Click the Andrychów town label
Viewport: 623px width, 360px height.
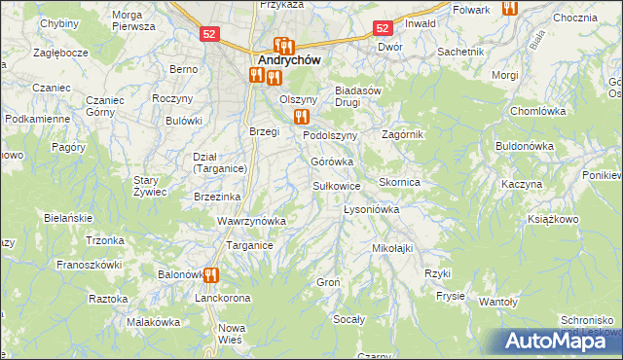(x=288, y=59)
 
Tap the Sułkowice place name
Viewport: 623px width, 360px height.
(x=337, y=185)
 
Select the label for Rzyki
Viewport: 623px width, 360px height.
(x=437, y=273)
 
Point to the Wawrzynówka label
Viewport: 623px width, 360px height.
(x=251, y=221)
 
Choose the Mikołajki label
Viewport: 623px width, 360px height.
(x=392, y=248)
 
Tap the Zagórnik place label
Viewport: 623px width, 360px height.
(x=402, y=134)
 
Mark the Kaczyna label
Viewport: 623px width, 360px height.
(x=521, y=184)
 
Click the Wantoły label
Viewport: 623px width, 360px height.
(x=497, y=303)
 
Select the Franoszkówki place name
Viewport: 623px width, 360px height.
(x=89, y=264)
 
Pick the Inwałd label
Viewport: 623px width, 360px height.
(x=420, y=23)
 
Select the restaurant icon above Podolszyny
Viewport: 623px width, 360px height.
(x=301, y=117)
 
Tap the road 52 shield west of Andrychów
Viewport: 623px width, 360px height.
(x=209, y=33)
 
